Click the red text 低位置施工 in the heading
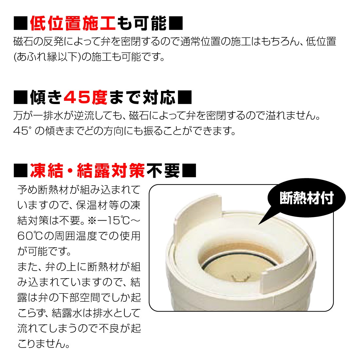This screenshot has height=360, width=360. [x=72, y=23]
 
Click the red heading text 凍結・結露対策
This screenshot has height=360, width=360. [x=87, y=171]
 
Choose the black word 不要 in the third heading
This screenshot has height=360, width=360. [x=163, y=171]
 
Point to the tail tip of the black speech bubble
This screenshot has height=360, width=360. [x=260, y=224]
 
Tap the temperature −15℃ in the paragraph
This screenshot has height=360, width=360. [x=112, y=221]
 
